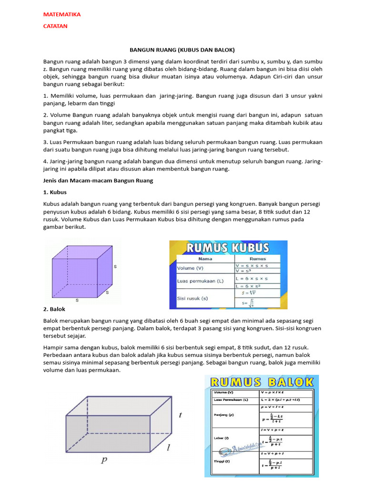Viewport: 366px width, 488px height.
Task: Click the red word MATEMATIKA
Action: tap(62, 14)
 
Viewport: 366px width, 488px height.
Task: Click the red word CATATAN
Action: tap(55, 26)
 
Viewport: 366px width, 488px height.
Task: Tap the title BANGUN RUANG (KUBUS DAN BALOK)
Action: tap(183, 50)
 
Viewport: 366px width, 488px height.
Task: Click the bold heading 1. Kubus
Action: tap(55, 192)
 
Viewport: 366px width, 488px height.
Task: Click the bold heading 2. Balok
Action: tap(55, 309)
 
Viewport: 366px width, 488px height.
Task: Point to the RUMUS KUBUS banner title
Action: tap(228, 248)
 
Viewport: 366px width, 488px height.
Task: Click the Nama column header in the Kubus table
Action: tap(205, 258)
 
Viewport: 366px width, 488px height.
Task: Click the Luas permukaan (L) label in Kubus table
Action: tap(200, 281)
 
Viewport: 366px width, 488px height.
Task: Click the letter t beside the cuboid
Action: tap(180, 415)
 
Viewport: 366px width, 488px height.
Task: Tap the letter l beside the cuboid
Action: tap(168, 447)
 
